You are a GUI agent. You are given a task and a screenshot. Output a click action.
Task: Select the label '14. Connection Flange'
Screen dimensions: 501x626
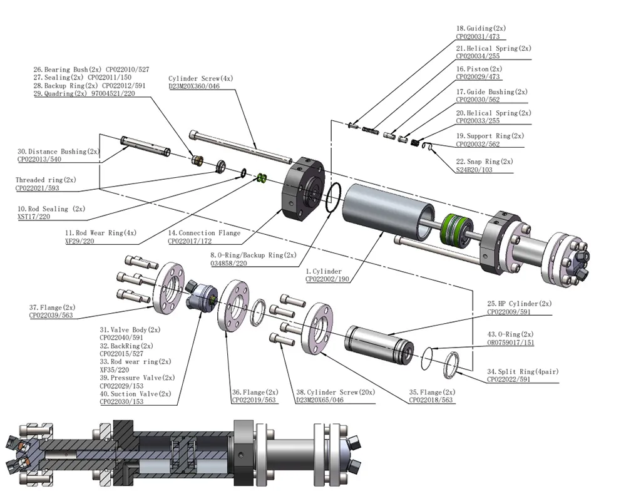click(204, 232)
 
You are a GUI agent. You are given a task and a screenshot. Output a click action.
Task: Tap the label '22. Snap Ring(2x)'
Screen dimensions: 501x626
click(485, 161)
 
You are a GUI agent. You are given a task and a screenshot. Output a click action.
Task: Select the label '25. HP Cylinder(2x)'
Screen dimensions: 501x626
click(516, 304)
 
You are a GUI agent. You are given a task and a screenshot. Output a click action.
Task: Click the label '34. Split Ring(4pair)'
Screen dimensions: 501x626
click(523, 371)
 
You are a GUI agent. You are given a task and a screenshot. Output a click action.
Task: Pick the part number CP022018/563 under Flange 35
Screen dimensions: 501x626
click(431, 400)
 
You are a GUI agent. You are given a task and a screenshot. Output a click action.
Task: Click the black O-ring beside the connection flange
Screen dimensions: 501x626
click(334, 198)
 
